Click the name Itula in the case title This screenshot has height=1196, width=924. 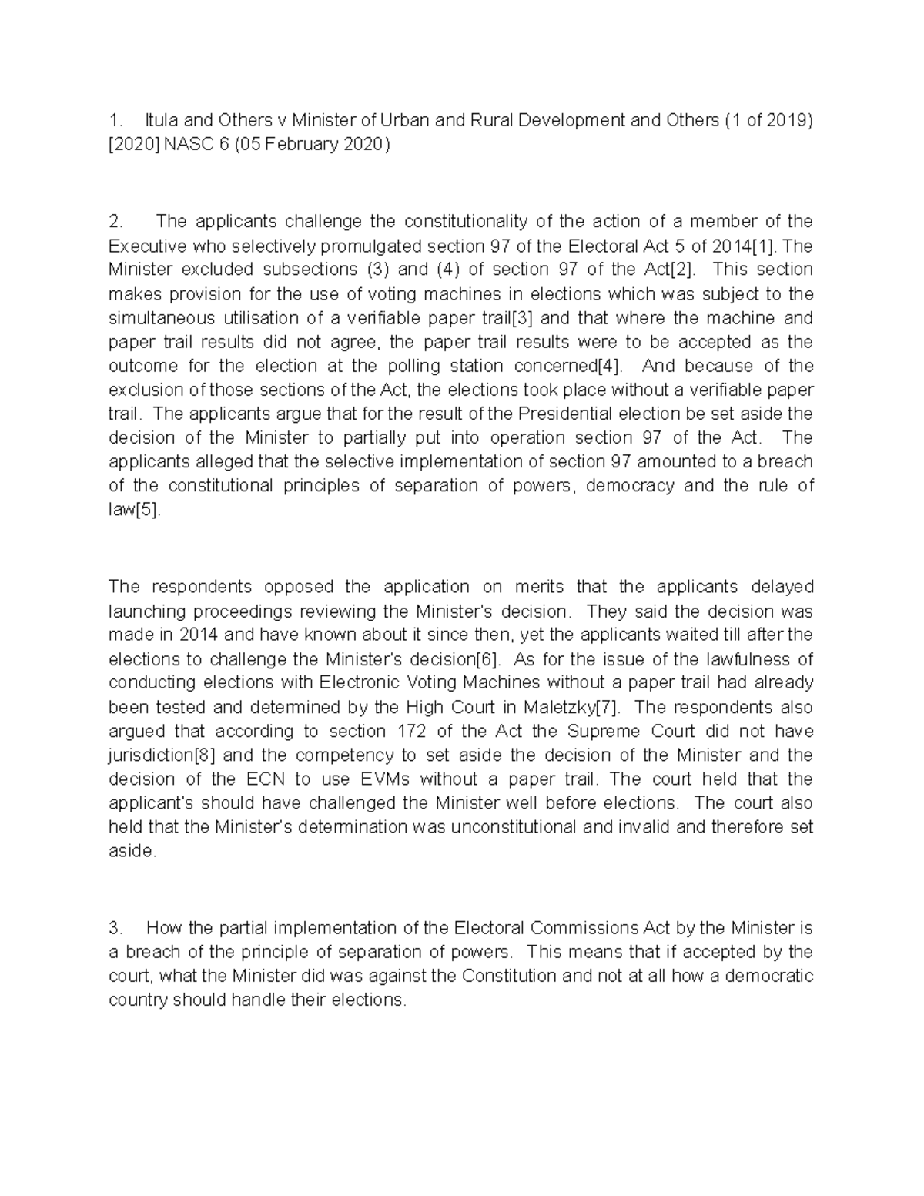(x=161, y=120)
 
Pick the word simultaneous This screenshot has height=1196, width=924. (x=162, y=318)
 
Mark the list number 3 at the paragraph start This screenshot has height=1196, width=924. (x=114, y=928)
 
